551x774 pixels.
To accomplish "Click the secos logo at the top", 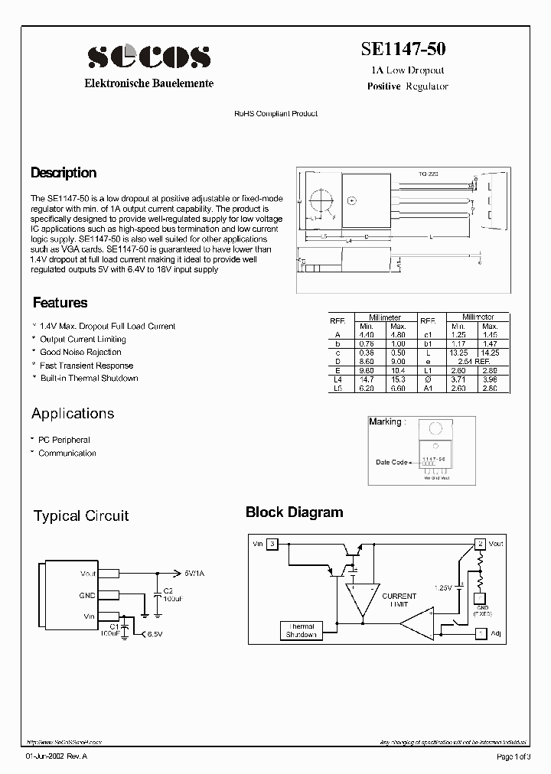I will click(x=148, y=56).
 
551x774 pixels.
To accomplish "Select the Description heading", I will click(x=64, y=173).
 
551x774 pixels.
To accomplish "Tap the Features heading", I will click(x=60, y=303).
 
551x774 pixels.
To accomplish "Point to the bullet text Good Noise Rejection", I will click(x=80, y=352).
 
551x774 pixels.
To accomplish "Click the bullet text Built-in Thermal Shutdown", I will click(x=89, y=378).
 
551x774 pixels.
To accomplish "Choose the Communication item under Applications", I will click(x=67, y=453).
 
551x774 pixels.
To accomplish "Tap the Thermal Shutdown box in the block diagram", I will click(x=301, y=631).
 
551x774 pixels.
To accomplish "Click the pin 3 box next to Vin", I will click(x=272, y=544).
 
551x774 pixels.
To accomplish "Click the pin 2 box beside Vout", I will click(x=480, y=544).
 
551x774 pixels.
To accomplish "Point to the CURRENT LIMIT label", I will click(x=399, y=600).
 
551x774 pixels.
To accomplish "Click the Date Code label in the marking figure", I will click(x=391, y=462).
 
